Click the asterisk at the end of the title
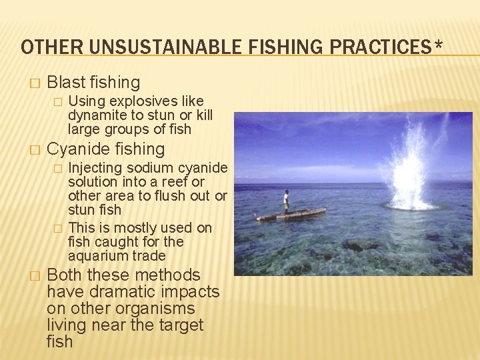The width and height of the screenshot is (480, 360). tap(437, 45)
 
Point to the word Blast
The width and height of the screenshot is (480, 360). tap(67, 83)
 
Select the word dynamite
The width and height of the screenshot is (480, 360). tap(97, 115)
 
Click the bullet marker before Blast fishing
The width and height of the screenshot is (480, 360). tap(35, 83)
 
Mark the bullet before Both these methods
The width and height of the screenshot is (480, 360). tap(35, 276)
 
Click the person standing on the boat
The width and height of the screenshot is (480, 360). tap(286, 201)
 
